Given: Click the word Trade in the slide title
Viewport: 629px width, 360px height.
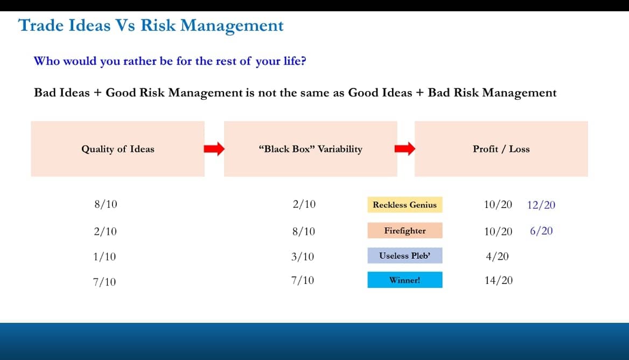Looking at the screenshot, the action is [x=41, y=25].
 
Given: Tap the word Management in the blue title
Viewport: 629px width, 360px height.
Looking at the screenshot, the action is [x=232, y=26].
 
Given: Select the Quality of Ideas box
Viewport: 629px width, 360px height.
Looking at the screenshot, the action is [x=118, y=149].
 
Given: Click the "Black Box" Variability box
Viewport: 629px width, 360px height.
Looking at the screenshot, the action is [x=311, y=149].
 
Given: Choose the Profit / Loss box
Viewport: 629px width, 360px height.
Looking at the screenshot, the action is [x=501, y=149].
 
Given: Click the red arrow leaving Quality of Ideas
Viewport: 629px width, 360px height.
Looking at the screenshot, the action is [x=214, y=149].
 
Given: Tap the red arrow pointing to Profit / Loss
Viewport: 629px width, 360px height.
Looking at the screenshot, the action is [x=405, y=149].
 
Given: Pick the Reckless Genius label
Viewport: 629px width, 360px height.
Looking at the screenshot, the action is [x=405, y=205].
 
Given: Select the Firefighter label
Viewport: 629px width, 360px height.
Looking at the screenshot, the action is [x=405, y=231].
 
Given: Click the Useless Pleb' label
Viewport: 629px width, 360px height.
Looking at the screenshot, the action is [x=405, y=255].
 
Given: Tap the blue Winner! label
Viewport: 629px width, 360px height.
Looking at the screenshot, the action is [x=405, y=280].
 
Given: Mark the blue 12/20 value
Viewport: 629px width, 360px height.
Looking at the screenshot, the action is [x=541, y=205].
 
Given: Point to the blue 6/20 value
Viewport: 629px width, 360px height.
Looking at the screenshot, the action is [x=541, y=231].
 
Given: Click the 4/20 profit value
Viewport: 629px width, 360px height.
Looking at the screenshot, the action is [x=498, y=256].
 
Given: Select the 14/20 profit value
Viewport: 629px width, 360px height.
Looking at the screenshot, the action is [x=499, y=280].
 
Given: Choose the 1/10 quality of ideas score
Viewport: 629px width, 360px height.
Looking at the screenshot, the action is [x=104, y=257].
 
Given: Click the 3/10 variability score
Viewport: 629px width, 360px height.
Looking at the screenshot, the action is [x=303, y=257].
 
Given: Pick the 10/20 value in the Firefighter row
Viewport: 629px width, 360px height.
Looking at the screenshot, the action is [x=498, y=231].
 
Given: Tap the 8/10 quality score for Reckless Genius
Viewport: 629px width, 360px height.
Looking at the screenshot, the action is [x=106, y=204].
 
